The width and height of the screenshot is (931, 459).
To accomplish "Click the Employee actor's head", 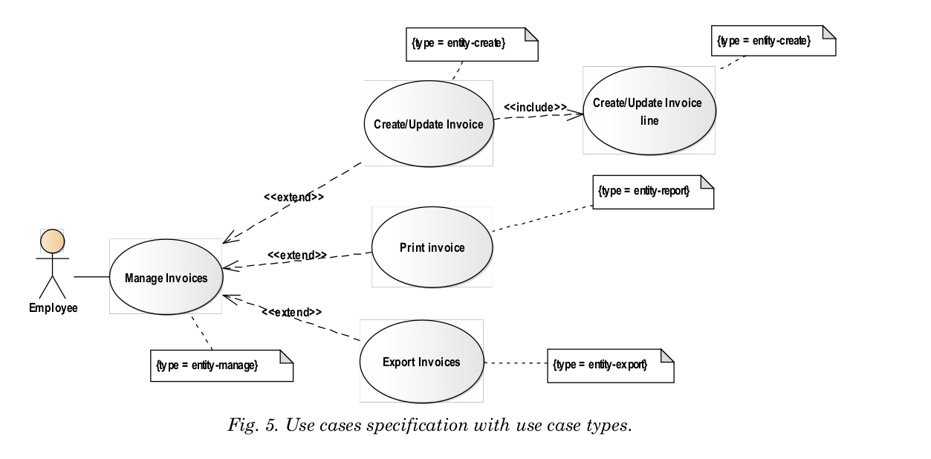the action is (x=52, y=241).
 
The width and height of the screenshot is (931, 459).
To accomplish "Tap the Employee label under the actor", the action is (x=53, y=307).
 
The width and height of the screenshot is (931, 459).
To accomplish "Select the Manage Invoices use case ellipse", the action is (x=166, y=276).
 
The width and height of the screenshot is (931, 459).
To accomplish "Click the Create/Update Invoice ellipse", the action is (x=429, y=124).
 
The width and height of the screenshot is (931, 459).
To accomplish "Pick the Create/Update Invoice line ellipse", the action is (x=649, y=111).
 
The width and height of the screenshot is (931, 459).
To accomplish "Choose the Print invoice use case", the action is (x=432, y=247).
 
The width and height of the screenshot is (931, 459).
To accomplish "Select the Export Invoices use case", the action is (x=422, y=362).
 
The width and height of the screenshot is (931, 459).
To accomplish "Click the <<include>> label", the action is (x=535, y=107).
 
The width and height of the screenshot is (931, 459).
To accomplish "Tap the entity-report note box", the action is (x=653, y=192).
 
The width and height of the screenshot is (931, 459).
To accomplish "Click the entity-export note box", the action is (x=611, y=365).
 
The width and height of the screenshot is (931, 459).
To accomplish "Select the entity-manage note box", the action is (x=222, y=365).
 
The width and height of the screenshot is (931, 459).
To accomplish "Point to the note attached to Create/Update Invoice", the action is (x=472, y=45).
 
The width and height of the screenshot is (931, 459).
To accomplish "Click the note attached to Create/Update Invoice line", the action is (x=773, y=41).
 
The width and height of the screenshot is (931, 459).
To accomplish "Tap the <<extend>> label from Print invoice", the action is (x=297, y=255).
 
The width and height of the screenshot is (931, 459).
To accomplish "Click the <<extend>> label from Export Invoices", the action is (x=292, y=312).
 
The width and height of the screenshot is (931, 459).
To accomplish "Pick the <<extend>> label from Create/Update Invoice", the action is (x=293, y=197).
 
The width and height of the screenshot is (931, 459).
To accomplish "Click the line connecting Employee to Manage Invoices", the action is (x=91, y=276).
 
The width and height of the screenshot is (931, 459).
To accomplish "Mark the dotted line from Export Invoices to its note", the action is (x=516, y=363).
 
